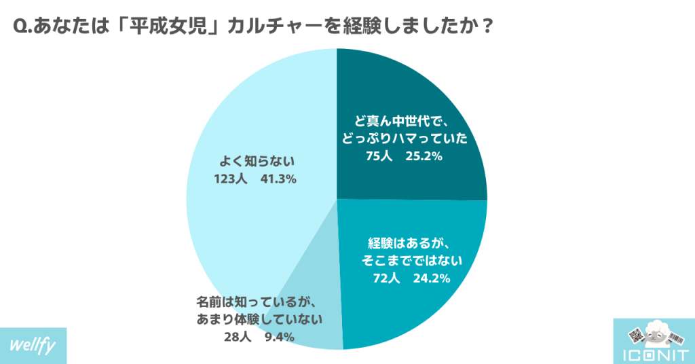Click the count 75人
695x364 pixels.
click(378, 157)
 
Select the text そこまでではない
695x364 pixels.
click(409, 260)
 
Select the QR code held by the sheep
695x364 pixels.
click(635, 335)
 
